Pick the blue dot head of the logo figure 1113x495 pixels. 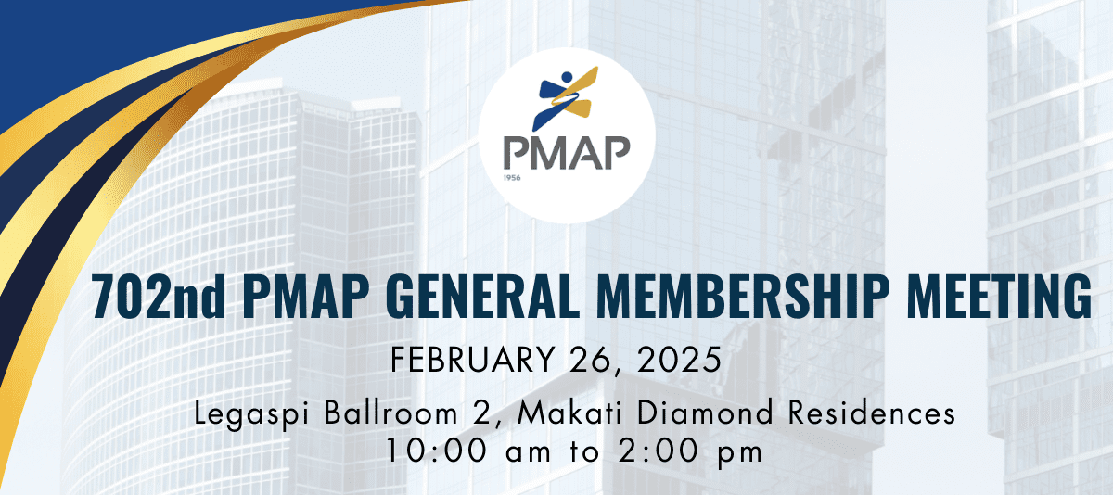point(568,74)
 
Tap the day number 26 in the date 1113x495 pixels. point(600,358)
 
